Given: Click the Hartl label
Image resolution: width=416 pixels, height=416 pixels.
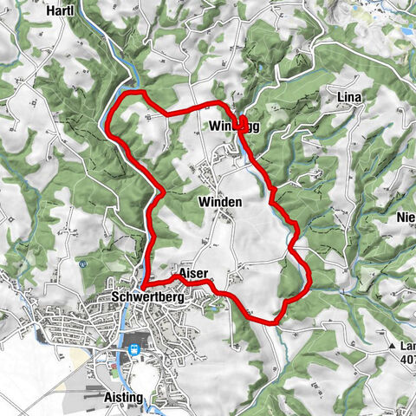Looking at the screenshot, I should [x=61, y=10].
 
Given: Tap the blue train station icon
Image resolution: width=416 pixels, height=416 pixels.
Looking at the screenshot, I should [x=134, y=350].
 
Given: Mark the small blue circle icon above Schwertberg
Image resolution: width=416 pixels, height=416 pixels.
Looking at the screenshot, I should [x=81, y=264].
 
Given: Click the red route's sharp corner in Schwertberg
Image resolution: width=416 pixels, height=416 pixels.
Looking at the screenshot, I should [x=144, y=285].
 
